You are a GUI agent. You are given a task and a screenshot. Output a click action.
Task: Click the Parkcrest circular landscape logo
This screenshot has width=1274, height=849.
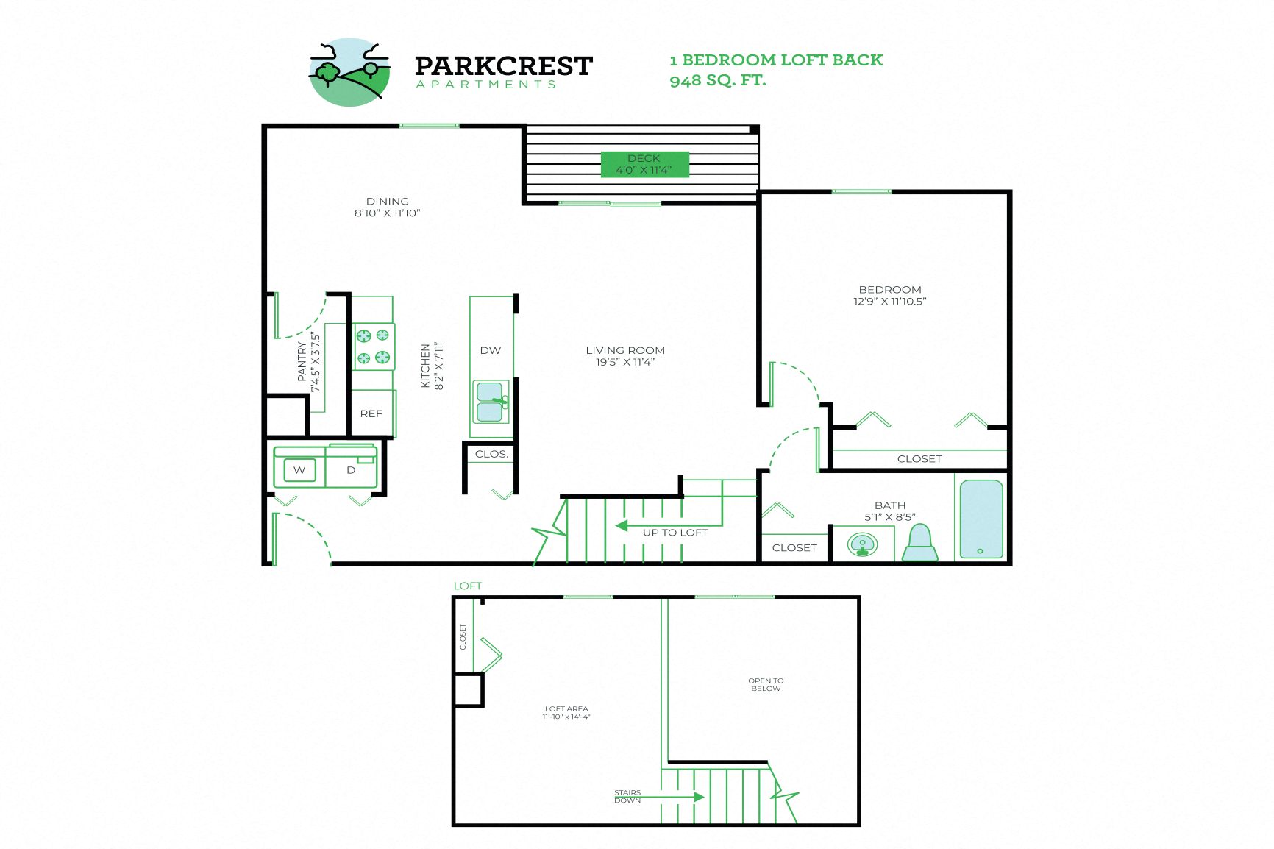349,72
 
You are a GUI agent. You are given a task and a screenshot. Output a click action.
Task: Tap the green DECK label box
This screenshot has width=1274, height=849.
644,164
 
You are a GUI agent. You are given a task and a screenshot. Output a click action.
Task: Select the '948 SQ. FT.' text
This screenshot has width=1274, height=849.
717,80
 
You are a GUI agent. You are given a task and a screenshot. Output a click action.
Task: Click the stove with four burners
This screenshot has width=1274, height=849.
373,347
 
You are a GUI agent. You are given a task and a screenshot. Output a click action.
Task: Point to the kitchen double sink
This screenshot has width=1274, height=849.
491,402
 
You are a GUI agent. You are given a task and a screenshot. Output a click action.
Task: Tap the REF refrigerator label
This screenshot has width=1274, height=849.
371,413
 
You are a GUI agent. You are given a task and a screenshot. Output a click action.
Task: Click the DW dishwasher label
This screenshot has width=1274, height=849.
491,350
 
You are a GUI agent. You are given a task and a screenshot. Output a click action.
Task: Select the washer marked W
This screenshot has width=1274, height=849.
299,469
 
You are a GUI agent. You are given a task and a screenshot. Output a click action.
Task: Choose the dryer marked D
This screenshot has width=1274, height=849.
351,469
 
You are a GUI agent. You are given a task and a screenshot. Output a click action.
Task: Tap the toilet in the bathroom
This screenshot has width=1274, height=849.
919,544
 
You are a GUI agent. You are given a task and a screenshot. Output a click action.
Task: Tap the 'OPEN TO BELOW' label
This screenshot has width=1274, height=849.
766,684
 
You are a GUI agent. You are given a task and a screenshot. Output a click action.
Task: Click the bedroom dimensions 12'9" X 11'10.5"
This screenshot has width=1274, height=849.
889,301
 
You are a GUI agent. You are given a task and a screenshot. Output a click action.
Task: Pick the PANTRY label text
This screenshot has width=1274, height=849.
302,361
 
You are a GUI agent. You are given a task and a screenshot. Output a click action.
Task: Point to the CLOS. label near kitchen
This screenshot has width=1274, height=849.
491,454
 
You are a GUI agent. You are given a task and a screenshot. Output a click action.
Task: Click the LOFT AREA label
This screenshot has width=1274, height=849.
566,708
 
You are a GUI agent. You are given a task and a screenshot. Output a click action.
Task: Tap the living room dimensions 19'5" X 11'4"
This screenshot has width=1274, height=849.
625,362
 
